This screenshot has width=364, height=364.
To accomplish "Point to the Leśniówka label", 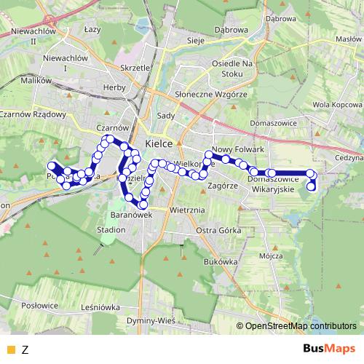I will [100, 307].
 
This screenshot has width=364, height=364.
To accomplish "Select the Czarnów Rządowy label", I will [33, 114].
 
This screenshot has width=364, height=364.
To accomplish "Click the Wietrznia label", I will [183, 210].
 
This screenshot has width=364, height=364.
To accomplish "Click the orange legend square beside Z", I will [9, 349].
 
